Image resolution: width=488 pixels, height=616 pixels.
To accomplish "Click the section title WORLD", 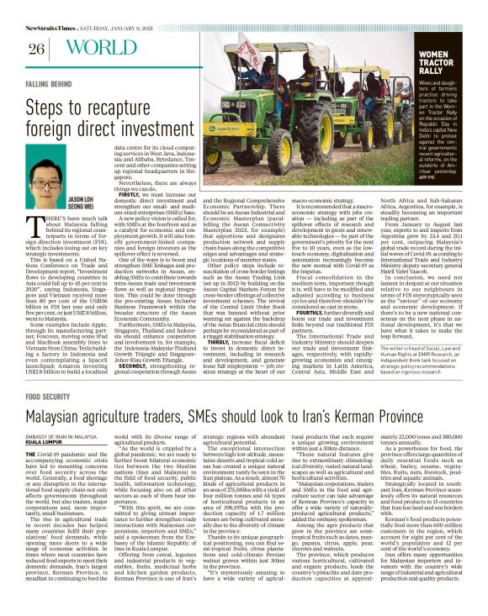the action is coord(88,47).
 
